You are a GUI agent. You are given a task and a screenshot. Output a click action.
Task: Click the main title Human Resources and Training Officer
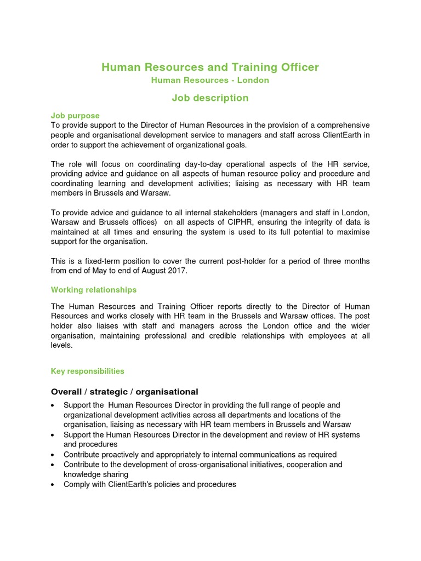coord(210,67)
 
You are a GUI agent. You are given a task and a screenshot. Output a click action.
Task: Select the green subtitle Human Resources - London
coord(210,80)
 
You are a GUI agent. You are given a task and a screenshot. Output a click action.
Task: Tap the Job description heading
coord(210,98)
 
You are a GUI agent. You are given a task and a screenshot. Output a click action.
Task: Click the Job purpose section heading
coord(75,116)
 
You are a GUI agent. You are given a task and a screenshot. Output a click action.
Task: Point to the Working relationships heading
coord(94,290)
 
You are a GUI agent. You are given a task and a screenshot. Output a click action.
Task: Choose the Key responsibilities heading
coord(88,371)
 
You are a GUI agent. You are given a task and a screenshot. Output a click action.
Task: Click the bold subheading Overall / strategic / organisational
coord(124,392)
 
